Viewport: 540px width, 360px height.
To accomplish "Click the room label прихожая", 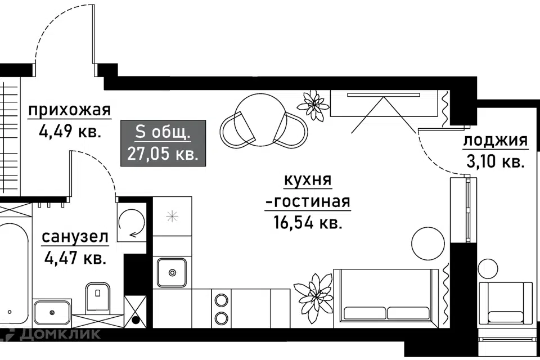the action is (x=70, y=111).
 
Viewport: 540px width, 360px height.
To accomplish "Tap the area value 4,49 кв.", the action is (x=70, y=131).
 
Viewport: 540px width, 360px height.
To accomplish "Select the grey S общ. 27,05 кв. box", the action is (x=163, y=143).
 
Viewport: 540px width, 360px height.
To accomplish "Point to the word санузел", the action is (x=75, y=237).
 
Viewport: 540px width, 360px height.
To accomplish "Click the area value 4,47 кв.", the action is (x=75, y=258).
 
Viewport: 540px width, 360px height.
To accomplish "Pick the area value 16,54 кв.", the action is (x=308, y=222).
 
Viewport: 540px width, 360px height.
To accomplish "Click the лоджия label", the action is (x=495, y=141).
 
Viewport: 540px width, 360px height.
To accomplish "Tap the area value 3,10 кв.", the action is (x=495, y=161).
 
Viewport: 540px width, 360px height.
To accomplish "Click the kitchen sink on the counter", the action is (x=172, y=272).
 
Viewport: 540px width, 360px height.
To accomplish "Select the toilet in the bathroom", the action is (x=98, y=298).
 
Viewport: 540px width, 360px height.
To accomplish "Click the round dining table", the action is (x=260, y=120).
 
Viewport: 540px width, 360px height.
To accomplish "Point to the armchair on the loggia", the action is (x=506, y=303).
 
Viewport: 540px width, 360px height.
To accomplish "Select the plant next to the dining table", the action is (x=313, y=105).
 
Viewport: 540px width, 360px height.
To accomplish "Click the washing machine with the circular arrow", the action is (x=132, y=222).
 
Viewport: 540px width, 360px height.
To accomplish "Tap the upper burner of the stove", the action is (x=221, y=300).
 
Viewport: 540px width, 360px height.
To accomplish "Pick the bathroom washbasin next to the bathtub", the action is (x=52, y=312).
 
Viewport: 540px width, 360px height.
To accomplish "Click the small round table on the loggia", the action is (x=488, y=268).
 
